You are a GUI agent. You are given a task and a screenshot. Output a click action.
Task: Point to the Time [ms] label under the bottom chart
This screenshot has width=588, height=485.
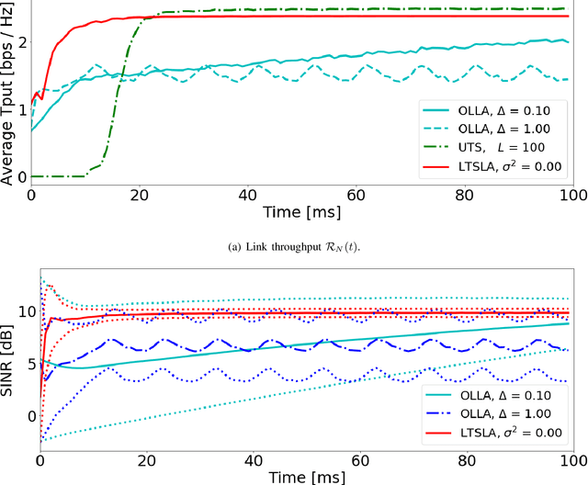click(303, 476)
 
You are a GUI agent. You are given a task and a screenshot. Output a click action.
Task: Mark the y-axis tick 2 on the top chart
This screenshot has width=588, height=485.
click(19, 42)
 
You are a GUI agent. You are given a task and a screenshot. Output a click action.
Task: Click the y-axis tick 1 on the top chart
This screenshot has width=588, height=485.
click(19, 109)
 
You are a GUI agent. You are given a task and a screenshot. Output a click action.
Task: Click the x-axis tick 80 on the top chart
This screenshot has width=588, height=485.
click(465, 195)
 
